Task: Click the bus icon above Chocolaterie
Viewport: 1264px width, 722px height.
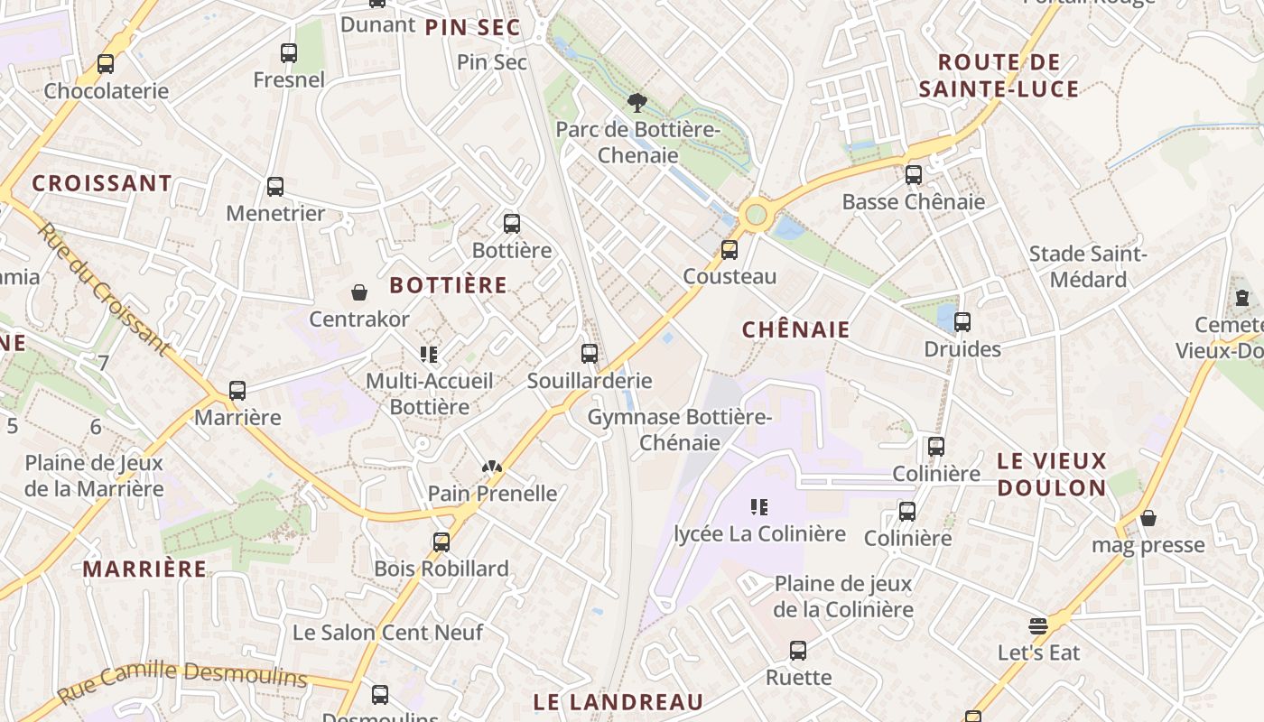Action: [x=106, y=64]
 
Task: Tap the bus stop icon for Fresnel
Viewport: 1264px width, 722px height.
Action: [x=289, y=53]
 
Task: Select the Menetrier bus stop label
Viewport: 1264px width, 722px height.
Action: [x=275, y=213]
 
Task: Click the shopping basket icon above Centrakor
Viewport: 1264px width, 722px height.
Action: [x=359, y=292]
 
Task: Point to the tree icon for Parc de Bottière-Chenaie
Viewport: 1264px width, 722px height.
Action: [x=637, y=102]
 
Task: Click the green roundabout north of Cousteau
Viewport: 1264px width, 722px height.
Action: [x=756, y=215]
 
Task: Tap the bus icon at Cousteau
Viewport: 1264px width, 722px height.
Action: [x=730, y=250]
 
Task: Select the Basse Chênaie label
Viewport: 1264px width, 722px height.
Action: [x=913, y=201]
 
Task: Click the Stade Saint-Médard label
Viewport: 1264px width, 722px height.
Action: [x=1088, y=267]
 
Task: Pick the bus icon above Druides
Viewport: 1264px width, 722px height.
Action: [x=962, y=322]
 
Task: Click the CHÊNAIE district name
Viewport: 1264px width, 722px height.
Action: [x=796, y=329]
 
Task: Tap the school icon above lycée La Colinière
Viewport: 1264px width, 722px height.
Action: [x=759, y=507]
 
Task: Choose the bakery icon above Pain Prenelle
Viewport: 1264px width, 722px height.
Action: [x=492, y=467]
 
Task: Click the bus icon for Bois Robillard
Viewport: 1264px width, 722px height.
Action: [x=441, y=541]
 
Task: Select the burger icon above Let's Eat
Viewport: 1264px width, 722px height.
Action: [x=1038, y=625]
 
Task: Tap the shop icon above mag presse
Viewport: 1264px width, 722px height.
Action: [x=1148, y=518]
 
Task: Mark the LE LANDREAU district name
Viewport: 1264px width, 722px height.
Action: [x=618, y=702]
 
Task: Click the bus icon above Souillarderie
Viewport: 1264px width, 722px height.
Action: [x=590, y=354]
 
